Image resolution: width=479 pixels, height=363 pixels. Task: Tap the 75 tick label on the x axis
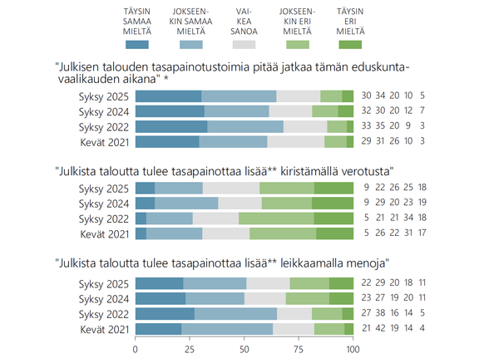(x=299, y=350)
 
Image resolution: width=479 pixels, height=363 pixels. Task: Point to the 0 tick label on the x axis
(x=136, y=350)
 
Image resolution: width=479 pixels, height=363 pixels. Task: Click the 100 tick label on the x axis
(x=353, y=350)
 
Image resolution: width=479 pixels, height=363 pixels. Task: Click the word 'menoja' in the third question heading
(x=363, y=265)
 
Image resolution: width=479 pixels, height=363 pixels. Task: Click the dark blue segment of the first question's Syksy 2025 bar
(x=168, y=96)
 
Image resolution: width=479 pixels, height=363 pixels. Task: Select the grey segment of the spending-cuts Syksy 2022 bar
(x=294, y=313)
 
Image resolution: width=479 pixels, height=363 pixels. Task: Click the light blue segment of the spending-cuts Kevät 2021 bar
(x=227, y=329)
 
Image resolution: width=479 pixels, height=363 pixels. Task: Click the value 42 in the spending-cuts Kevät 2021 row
(x=379, y=329)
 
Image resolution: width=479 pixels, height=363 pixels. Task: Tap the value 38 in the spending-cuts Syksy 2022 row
(x=379, y=313)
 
